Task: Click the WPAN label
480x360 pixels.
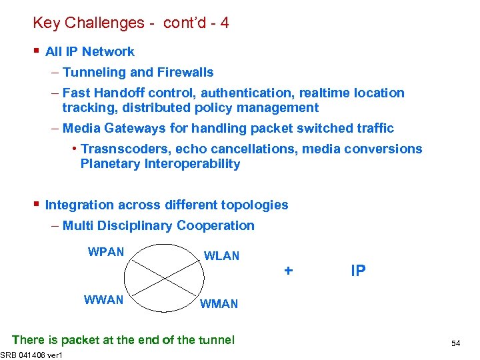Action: (x=106, y=252)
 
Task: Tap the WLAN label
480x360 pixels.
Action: (x=221, y=256)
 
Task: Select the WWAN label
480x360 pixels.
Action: (x=103, y=300)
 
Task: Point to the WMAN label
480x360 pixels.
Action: (x=219, y=304)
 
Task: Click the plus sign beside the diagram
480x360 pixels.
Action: (x=288, y=271)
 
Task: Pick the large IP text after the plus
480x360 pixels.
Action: (x=358, y=271)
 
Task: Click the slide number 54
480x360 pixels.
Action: (x=456, y=343)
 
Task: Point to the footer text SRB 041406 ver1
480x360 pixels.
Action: (x=31, y=354)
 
